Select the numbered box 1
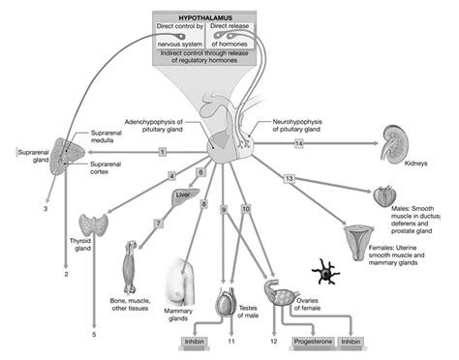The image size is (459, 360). coord(163,152)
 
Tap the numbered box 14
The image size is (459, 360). coord(299,143)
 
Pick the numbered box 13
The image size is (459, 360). coord(289,178)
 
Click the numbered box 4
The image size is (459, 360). coord(171,176)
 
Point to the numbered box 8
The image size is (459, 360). coord(204,204)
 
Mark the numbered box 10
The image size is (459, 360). coord(245,209)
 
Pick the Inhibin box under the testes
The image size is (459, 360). coord(194,342)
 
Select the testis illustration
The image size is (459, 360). coord(225,306)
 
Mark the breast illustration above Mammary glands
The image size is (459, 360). coord(188,282)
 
